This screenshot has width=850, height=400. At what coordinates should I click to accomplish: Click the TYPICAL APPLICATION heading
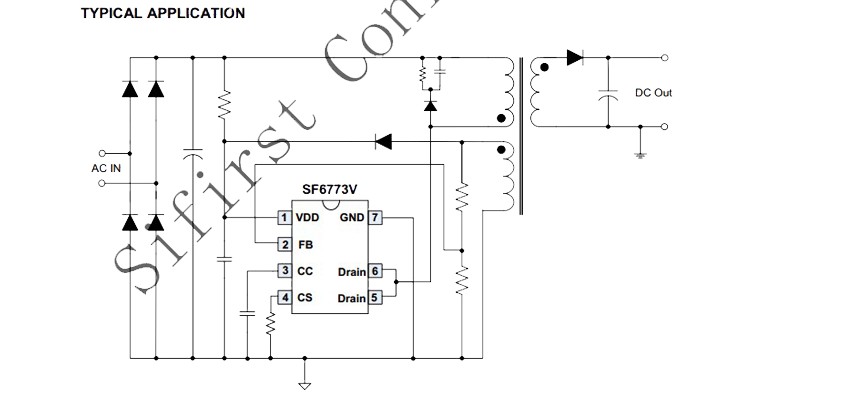click(163, 13)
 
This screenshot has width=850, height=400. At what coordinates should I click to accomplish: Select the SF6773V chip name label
click(330, 189)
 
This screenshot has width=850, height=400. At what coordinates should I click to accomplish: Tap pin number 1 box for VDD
click(285, 218)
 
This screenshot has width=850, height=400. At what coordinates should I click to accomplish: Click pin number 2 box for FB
click(285, 245)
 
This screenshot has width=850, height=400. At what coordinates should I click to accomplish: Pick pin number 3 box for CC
click(285, 271)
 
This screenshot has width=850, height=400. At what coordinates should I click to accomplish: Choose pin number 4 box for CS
click(285, 298)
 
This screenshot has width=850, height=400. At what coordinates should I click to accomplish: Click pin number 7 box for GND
click(375, 218)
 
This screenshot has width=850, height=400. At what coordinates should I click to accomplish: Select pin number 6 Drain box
click(375, 271)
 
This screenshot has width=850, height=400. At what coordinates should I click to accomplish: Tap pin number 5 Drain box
click(375, 298)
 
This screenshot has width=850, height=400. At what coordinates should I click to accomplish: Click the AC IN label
click(106, 169)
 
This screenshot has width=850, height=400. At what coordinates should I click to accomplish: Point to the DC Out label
click(654, 93)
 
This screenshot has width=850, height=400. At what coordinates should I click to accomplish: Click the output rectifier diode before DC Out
click(575, 57)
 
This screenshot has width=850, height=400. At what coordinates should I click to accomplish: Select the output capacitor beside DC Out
click(608, 95)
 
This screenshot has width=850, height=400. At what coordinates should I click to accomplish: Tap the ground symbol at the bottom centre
click(305, 385)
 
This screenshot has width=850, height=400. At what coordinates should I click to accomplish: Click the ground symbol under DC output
click(640, 155)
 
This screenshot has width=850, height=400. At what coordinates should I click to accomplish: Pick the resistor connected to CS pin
click(271, 324)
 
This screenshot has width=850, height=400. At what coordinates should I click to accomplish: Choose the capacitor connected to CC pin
click(247, 313)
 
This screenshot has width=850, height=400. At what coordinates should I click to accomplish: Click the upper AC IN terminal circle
click(102, 153)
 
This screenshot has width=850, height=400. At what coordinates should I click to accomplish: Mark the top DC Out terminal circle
click(665, 57)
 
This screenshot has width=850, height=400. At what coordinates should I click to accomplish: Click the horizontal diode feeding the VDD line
click(384, 142)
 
